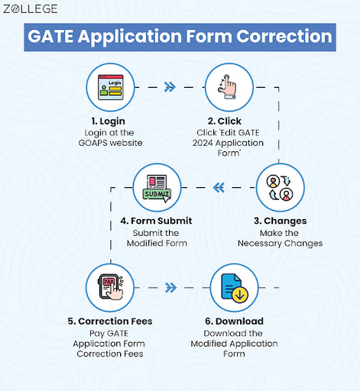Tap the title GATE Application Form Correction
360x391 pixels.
pos(180,37)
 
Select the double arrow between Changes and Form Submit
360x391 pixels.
pos(219,186)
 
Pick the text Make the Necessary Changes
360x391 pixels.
pos(279,238)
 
